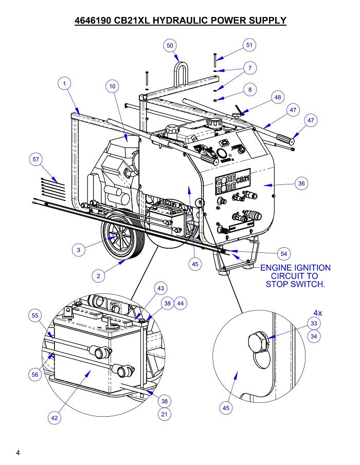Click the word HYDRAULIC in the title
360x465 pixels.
pyautogui.click(x=181, y=21)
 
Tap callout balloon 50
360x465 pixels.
pyautogui.click(x=170, y=46)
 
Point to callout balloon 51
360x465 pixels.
pyautogui.click(x=249, y=45)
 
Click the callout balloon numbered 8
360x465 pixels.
pyautogui.click(x=250, y=89)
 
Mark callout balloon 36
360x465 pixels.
pyautogui.click(x=301, y=183)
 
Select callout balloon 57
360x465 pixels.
pyautogui.click(x=35, y=160)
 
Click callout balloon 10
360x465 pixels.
pyautogui.click(x=113, y=86)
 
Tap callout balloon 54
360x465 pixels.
pyautogui.click(x=284, y=253)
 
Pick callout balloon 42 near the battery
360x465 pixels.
pyautogui.click(x=55, y=418)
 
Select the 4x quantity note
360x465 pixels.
pyautogui.click(x=319, y=312)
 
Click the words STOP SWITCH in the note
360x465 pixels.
pyautogui.click(x=295, y=284)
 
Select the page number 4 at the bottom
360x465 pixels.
pyautogui.click(x=18, y=453)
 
